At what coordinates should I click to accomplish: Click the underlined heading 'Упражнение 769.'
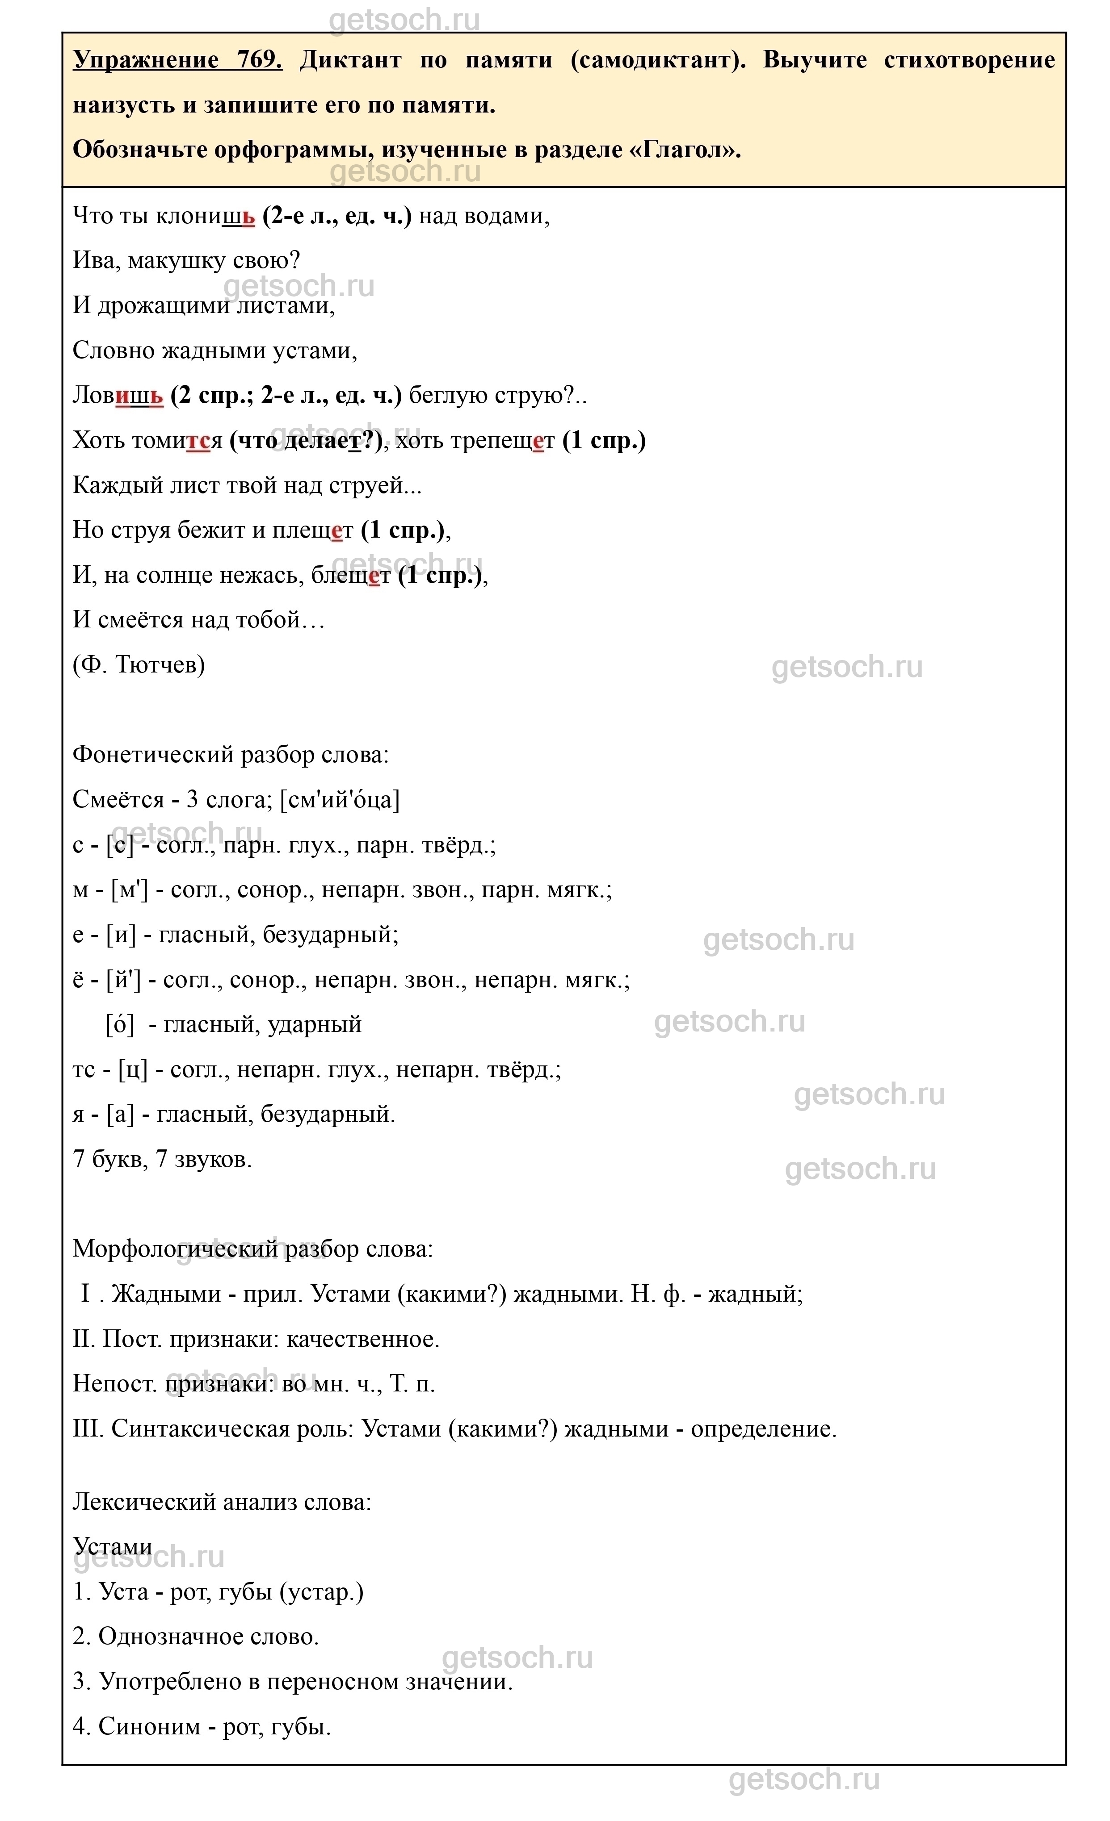[177, 60]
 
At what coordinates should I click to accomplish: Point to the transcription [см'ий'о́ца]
[340, 800]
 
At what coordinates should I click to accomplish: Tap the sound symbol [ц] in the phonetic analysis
[133, 1069]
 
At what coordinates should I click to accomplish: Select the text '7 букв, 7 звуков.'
[163, 1160]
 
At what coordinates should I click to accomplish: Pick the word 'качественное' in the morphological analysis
[362, 1339]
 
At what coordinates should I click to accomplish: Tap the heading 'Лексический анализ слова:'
[222, 1503]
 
